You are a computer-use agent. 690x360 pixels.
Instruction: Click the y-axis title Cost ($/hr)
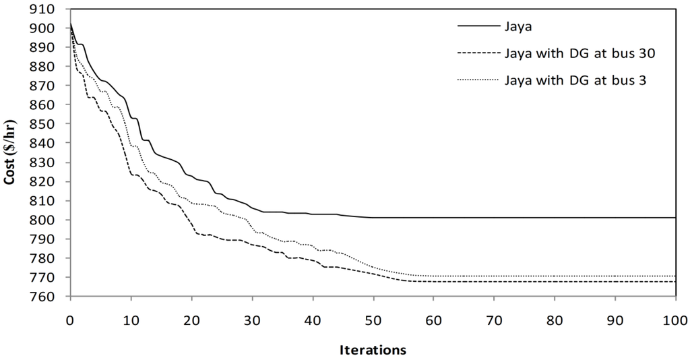pyautogui.click(x=13, y=153)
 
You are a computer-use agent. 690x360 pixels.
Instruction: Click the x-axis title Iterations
pyautogui.click(x=372, y=350)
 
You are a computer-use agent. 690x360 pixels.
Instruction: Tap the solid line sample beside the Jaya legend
pyautogui.click(x=476, y=27)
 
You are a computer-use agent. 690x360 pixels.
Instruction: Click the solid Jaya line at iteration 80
pyautogui.click(x=554, y=218)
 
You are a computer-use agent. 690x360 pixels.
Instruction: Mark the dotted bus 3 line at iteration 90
pyautogui.click(x=615, y=276)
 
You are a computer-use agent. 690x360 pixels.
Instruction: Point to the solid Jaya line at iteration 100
pyautogui.click(x=675, y=218)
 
